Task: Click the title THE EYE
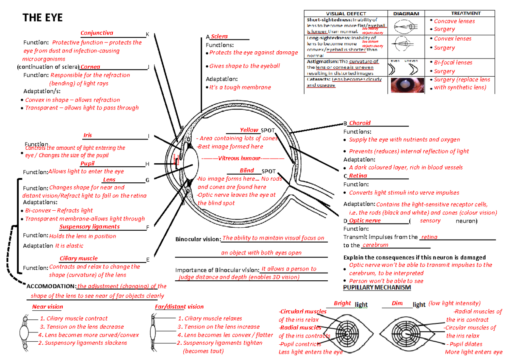42,17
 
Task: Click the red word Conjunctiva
97,33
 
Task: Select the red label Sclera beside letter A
219,36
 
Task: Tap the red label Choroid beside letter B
360,123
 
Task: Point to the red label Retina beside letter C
358,176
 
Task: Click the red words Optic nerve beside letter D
364,220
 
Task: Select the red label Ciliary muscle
78,258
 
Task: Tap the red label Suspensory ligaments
89,226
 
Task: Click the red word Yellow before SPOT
249,130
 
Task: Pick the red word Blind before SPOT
247,170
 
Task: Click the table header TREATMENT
465,14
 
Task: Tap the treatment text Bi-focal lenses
453,62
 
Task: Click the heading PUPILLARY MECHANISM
377,287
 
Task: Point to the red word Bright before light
342,303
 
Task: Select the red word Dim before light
397,303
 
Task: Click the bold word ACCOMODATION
51,286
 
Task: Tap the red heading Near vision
48,307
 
